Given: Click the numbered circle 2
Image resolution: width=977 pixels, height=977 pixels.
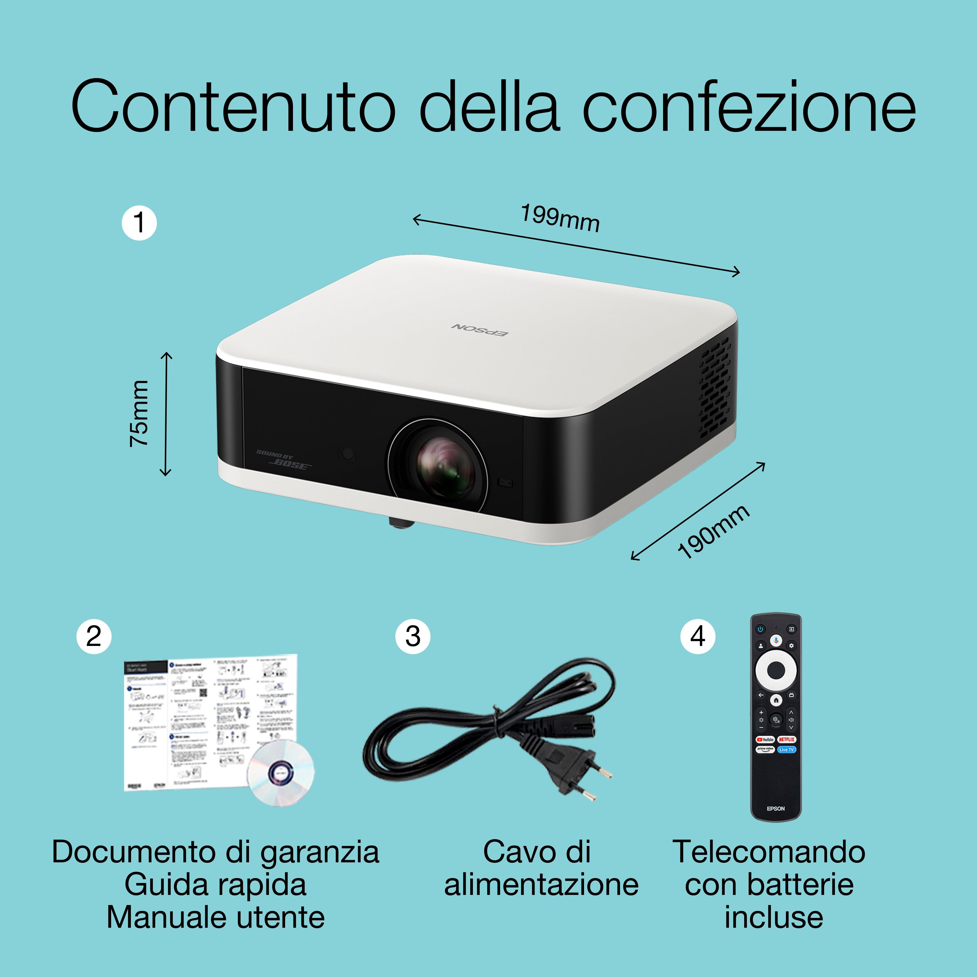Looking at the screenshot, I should (94, 636).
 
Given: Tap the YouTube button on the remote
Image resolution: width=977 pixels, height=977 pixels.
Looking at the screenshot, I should (765, 739).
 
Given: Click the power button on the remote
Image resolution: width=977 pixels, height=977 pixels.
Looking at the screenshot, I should (760, 630).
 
